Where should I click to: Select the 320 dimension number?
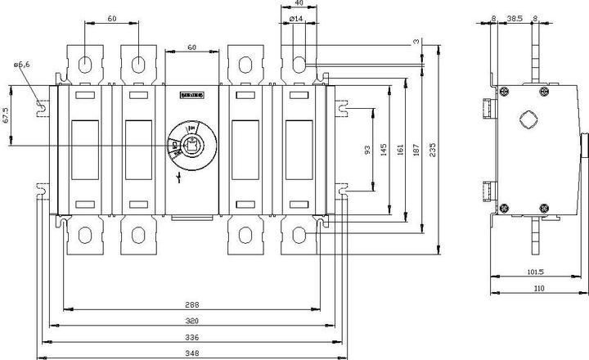point(191,321)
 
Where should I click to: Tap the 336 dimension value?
point(191,336)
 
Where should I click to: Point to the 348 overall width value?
point(191,353)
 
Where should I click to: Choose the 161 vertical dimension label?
point(401,150)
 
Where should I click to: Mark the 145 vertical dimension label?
point(384,150)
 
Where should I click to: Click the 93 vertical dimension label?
point(369,150)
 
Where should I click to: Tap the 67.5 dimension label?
point(7,114)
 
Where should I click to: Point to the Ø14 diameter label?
point(296,18)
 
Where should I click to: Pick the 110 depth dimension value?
point(538,288)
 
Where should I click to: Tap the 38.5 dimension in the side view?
point(515,17)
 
